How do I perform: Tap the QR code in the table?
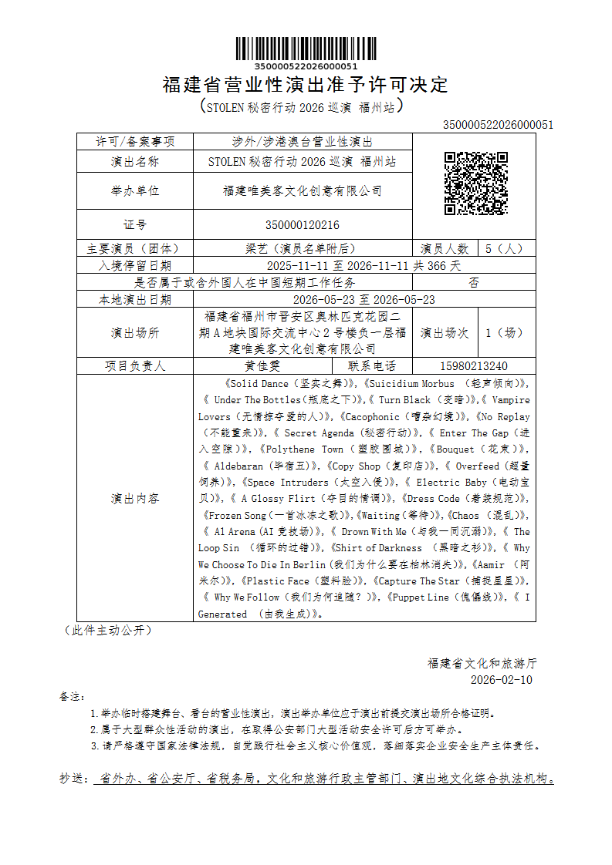(475, 183)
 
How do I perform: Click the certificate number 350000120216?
(303, 225)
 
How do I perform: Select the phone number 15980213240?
(473, 366)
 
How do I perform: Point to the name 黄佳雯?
(262, 366)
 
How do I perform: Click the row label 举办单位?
(135, 191)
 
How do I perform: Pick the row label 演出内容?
(135, 499)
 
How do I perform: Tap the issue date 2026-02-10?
(501, 680)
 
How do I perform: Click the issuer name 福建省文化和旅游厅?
(482, 663)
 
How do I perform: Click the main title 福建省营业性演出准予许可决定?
(306, 85)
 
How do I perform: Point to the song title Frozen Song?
(235, 515)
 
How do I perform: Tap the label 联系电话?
(372, 366)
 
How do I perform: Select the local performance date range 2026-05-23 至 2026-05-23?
(364, 300)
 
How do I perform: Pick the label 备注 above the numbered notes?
(71, 697)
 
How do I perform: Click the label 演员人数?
(445, 249)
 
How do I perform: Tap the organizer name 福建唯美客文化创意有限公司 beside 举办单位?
(303, 191)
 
